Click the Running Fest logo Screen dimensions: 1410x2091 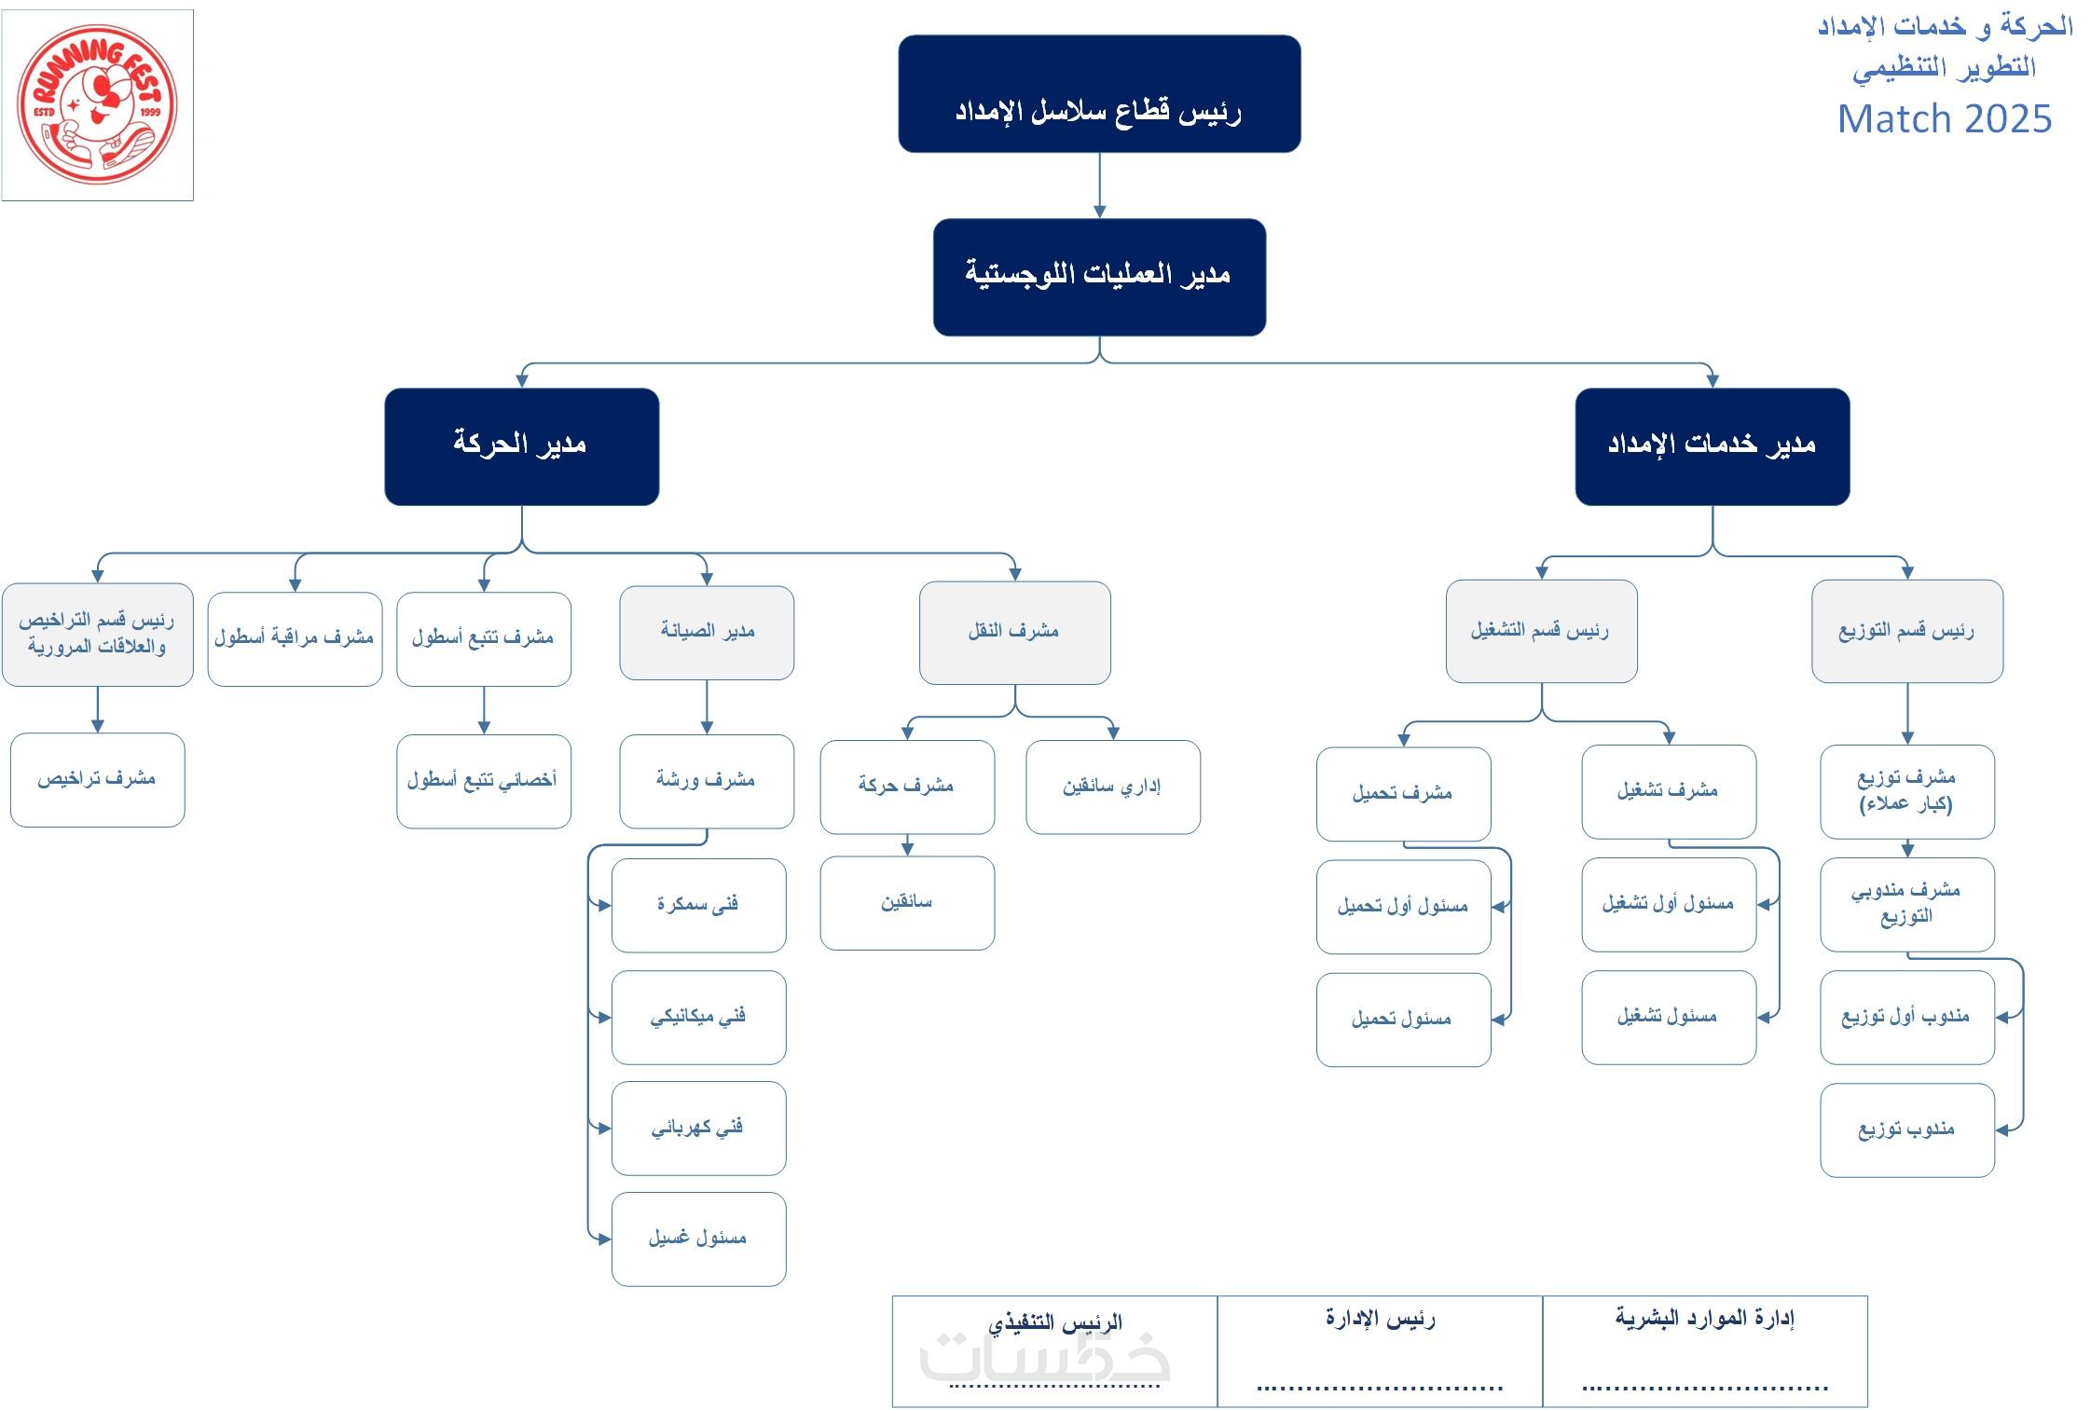tap(97, 104)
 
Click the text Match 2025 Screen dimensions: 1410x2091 tap(1944, 119)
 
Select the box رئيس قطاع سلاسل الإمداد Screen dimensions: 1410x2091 tap(1099, 94)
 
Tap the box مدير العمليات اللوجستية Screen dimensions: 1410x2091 tap(1099, 277)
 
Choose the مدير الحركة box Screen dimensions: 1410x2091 tap(521, 446)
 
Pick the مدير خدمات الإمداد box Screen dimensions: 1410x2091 tap(1712, 446)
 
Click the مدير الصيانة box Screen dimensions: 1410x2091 tap(707, 632)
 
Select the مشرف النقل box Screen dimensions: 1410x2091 tap(1014, 632)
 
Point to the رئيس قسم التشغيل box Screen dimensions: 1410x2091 tap(1541, 631)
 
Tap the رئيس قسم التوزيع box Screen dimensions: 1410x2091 tap(1906, 631)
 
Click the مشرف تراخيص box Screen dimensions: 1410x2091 tap(97, 779)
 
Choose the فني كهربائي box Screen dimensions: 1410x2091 tap(698, 1128)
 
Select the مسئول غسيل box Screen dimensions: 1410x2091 tap(698, 1239)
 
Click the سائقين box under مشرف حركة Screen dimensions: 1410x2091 tap(907, 902)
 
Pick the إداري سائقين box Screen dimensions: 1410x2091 tap(1112, 787)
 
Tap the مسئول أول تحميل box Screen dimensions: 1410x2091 tap(1403, 906)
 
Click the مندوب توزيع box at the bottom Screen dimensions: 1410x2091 tap(1906, 1129)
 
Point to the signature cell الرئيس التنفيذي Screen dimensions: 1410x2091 tap(1054, 1350)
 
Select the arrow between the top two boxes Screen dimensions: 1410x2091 tap(1099, 185)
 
